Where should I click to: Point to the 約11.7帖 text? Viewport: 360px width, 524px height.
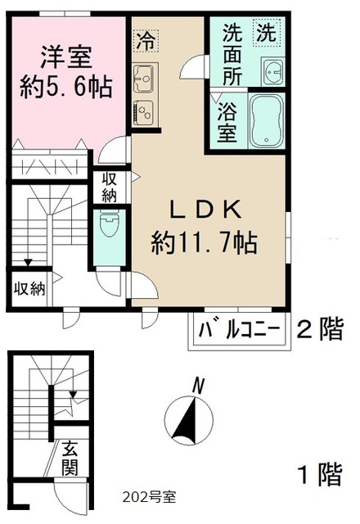[x=205, y=242]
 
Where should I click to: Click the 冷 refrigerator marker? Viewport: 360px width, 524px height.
[x=145, y=39]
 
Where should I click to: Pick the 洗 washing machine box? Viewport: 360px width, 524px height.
[x=268, y=34]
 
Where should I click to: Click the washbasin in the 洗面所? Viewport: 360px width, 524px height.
[x=272, y=72]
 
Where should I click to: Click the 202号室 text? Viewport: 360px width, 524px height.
[x=148, y=496]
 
